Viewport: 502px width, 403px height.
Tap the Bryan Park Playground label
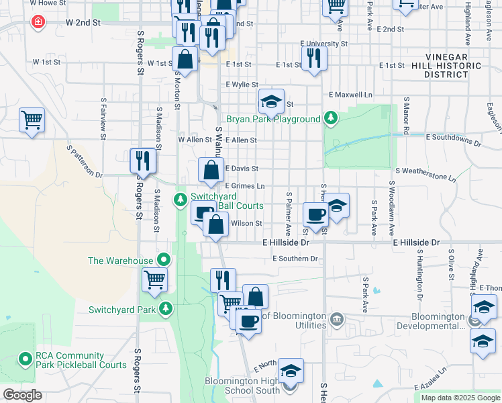273,120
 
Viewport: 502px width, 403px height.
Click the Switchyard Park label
120,310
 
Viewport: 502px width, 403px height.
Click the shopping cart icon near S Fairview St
32,121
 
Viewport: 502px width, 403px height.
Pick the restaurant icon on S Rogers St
143,161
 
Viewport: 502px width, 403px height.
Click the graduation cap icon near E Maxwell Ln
271,102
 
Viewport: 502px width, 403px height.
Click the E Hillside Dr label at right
416,242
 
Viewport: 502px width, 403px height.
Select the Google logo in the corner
22,395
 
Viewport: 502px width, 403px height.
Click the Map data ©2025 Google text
460,398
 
